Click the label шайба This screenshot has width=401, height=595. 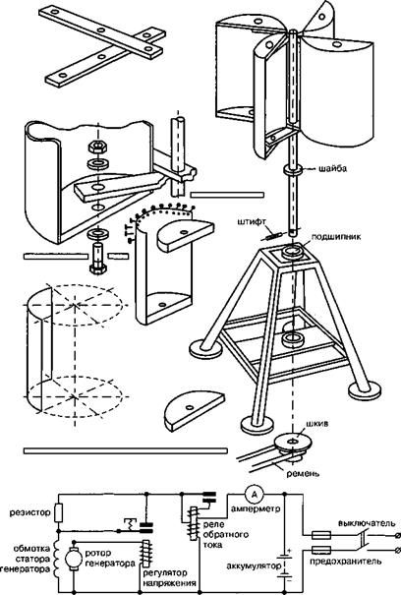pos(332,169)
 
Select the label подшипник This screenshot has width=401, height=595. pos(336,237)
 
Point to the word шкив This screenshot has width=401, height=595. pos(317,424)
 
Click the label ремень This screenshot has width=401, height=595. pos(303,474)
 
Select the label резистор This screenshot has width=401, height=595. pos(29,512)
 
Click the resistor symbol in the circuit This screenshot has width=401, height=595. pos(59,513)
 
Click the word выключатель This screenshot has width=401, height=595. pos(367,523)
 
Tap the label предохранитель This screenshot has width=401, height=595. pos(346,562)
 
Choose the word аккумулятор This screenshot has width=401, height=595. pos(254,566)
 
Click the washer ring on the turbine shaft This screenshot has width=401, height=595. pos(293,170)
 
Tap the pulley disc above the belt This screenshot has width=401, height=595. pos(293,443)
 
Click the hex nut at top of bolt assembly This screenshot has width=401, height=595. pos(98,147)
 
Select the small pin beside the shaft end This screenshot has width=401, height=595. pos(271,236)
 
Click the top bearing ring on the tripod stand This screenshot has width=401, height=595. pos(293,251)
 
